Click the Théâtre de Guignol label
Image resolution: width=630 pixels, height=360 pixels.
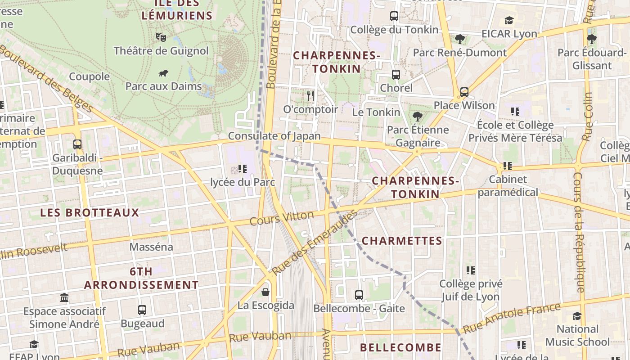click(x=161, y=51)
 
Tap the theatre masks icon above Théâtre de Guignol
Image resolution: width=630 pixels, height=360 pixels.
click(x=161, y=37)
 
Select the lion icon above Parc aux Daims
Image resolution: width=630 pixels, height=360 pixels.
click(x=163, y=73)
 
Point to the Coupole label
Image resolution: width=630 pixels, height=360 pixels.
click(x=89, y=76)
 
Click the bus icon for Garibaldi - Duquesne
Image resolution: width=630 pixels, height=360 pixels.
click(x=77, y=144)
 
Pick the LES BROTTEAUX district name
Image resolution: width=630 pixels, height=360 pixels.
click(x=90, y=212)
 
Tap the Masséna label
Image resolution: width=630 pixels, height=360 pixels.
click(x=151, y=247)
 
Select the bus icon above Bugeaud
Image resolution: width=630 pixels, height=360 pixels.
click(x=142, y=310)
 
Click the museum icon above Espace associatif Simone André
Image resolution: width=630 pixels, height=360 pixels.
click(x=64, y=298)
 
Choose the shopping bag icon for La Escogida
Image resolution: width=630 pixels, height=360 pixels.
click(x=265, y=292)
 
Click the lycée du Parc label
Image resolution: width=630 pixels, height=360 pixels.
click(x=243, y=182)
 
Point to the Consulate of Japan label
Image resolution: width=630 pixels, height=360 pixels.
click(x=274, y=136)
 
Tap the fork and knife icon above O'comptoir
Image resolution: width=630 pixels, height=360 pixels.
click(x=310, y=95)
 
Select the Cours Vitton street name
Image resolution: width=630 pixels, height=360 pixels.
click(x=282, y=218)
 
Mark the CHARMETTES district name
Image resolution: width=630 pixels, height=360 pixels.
click(x=402, y=241)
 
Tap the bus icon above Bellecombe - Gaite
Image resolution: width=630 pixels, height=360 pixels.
click(x=359, y=295)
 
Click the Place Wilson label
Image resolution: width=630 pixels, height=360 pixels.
click(x=464, y=105)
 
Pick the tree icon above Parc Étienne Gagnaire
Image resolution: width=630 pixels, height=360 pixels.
click(x=418, y=117)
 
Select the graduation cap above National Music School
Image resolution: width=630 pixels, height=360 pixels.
click(x=577, y=316)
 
